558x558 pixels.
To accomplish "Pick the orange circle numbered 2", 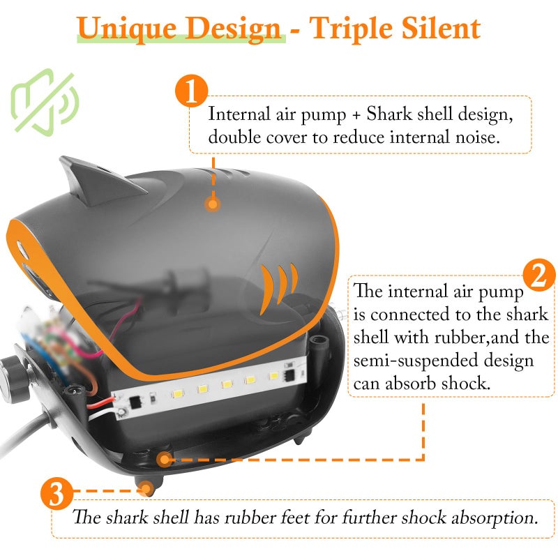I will click(x=538, y=276).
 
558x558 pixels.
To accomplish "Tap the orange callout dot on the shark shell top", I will click(x=212, y=204).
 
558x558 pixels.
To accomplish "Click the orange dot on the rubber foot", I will click(x=146, y=489).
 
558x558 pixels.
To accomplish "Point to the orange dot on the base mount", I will click(x=165, y=459).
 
